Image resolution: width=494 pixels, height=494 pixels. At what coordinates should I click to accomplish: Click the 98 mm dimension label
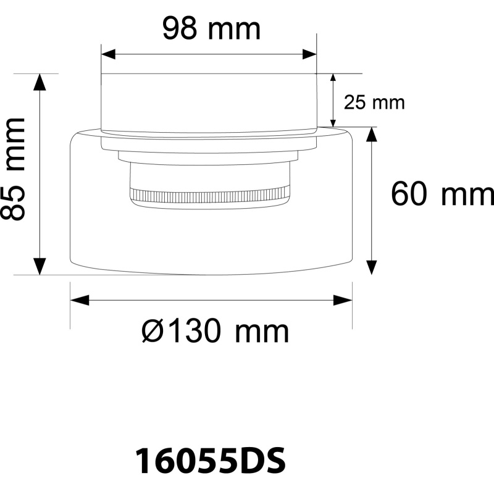click(x=211, y=28)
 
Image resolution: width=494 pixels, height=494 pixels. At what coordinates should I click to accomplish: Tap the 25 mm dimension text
click(x=374, y=103)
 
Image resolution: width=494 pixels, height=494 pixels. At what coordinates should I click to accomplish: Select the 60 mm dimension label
click(x=443, y=193)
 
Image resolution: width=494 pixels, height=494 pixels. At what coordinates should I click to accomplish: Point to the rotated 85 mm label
click(x=13, y=169)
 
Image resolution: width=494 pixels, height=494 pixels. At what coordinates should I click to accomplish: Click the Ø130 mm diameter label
click(x=215, y=331)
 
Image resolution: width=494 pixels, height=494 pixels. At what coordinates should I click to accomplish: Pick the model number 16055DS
click(x=211, y=461)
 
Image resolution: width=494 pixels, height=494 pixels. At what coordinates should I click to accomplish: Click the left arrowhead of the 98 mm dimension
click(x=108, y=54)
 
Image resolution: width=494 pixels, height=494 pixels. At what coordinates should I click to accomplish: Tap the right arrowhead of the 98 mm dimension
click(x=309, y=54)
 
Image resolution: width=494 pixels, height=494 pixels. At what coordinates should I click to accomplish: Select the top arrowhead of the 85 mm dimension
click(x=40, y=82)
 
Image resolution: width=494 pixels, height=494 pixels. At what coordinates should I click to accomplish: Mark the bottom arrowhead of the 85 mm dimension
click(x=40, y=267)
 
